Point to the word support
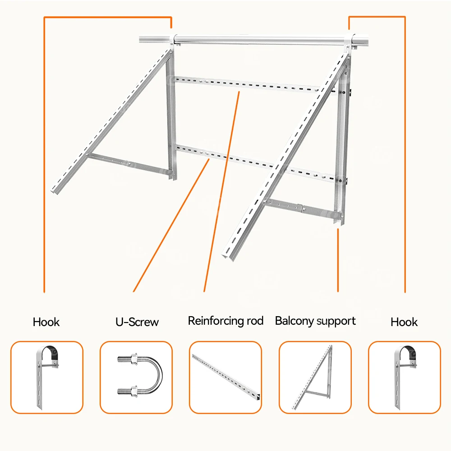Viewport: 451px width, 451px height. click(x=336, y=321)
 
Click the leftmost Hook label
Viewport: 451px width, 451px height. click(x=46, y=322)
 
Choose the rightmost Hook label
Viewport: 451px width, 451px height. click(x=404, y=322)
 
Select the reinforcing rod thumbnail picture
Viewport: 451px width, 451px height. click(x=225, y=377)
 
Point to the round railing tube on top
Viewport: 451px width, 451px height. click(x=262, y=40)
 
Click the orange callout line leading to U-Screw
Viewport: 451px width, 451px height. click(x=171, y=225)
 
